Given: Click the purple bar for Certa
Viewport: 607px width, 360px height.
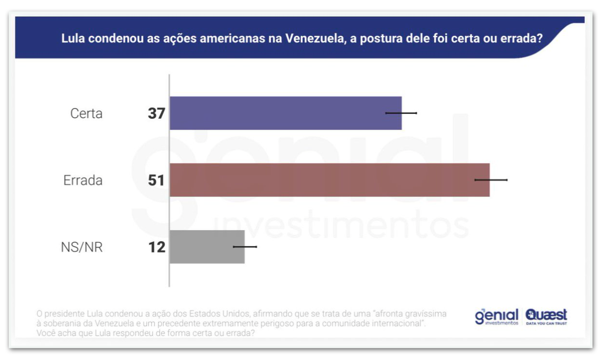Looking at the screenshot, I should pos(286,113).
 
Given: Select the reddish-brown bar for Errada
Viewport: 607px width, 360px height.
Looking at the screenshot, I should pos(330,180).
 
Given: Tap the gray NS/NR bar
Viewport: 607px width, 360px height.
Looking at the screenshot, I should pos(207,247).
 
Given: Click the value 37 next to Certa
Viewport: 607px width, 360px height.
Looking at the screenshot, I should pos(156,113).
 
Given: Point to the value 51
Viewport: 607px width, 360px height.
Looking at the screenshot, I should pos(156,180).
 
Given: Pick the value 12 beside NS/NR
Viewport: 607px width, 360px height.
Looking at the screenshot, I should pos(156,247).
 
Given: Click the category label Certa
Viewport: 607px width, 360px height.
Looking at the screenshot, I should pos(86,113).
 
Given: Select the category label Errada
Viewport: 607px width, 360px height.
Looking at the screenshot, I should pos(83,180).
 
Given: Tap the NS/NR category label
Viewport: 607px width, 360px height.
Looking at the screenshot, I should pos(82,247).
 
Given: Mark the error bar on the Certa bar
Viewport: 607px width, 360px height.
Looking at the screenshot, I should pos(401,113).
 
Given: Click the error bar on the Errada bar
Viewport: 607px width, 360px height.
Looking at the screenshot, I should pos(491,180).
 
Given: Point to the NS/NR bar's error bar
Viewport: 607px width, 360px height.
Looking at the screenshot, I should pos(245,247).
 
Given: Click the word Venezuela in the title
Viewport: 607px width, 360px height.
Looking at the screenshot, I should pos(314,38).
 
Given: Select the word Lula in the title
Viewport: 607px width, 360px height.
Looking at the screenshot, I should pos(72,38).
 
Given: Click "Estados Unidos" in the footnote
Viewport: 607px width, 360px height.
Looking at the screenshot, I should pos(220,314).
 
